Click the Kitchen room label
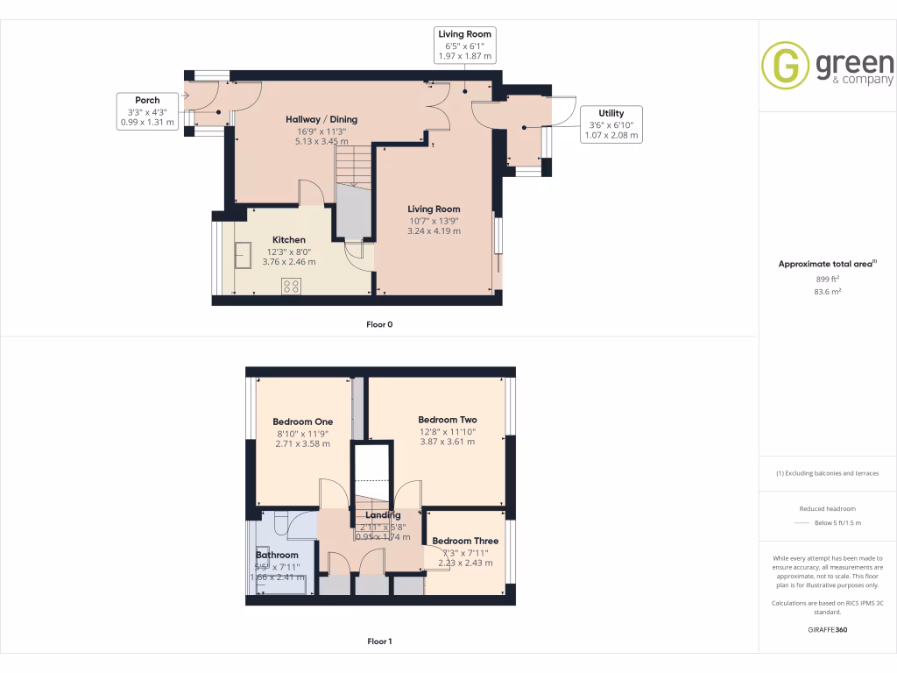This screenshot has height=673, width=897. click(288, 239)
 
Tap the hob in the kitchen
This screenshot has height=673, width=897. click(290, 286)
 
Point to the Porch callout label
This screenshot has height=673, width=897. click(147, 100)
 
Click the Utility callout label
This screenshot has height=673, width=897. click(611, 113)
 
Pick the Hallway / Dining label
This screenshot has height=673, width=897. click(321, 119)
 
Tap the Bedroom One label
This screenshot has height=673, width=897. click(302, 422)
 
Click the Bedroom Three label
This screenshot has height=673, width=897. click(465, 541)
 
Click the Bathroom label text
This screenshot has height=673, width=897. click(277, 555)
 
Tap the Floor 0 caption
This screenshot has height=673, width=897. click(379, 324)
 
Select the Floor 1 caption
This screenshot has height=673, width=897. click(379, 641)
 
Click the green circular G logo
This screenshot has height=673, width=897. click(785, 66)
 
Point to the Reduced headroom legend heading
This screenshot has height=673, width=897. click(828, 509)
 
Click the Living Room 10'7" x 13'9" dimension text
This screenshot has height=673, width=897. click(434, 221)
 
